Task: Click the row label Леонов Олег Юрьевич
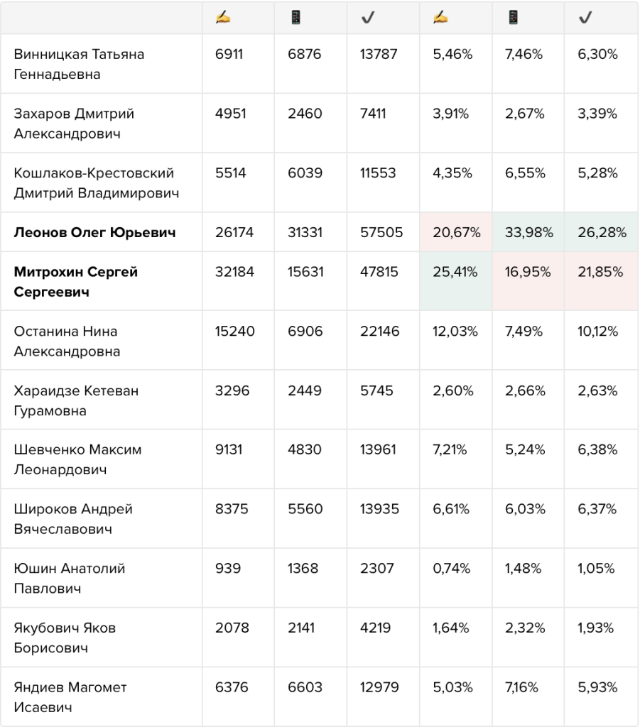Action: click(94, 232)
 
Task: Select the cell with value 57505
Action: click(381, 232)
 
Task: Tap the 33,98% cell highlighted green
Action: click(528, 232)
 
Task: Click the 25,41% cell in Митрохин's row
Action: click(455, 272)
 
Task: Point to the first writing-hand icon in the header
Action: click(223, 18)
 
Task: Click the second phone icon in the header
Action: click(513, 18)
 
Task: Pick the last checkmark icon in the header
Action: click(585, 18)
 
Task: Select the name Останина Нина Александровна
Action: click(67, 341)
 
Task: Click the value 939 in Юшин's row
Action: click(228, 569)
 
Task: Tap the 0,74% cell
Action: click(451, 569)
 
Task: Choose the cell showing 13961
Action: click(378, 449)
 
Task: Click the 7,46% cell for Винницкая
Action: click(524, 54)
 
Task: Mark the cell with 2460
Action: click(305, 114)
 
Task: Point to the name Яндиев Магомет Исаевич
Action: click(70, 697)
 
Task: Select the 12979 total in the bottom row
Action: click(379, 687)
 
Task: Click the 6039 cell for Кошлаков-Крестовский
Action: click(305, 173)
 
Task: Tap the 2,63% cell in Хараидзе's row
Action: click(597, 391)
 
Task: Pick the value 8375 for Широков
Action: click(232, 509)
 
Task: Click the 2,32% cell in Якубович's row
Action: click(525, 628)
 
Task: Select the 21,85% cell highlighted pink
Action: click(600, 272)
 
